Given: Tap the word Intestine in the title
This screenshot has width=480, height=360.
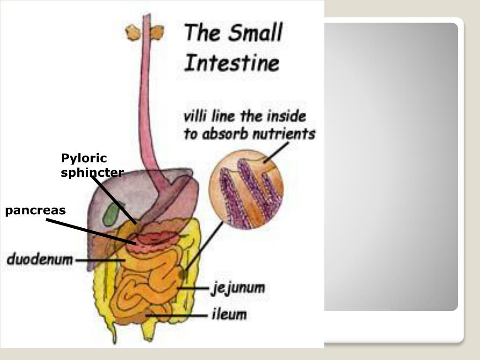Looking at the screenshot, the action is tap(231, 62).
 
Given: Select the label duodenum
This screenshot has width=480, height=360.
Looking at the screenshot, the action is tap(40, 259).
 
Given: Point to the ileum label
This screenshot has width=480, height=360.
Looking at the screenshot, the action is tap(228, 315).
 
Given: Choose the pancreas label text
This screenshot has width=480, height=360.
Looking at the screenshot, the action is tap(36, 210).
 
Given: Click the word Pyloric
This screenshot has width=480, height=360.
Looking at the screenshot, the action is tap(84, 158).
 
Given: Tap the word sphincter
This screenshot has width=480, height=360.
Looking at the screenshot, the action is tap(92, 172).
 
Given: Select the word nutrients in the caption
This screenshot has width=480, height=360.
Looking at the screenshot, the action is tap(283, 134).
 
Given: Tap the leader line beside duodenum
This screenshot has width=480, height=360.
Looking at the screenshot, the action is tap(98, 260).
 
